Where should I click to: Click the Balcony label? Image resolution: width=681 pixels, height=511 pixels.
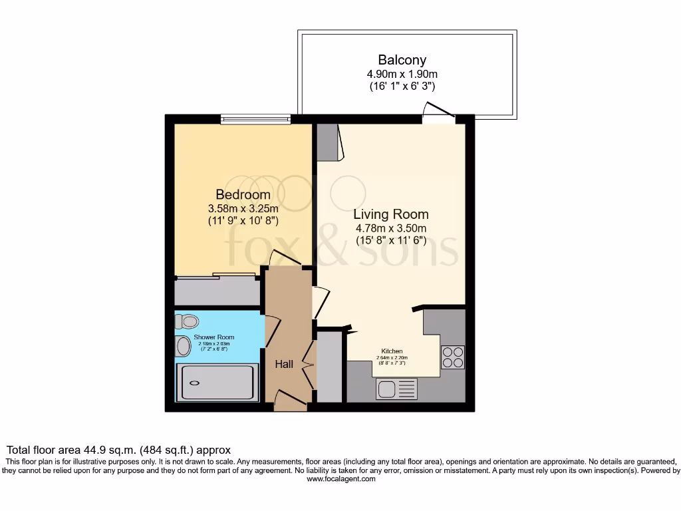pos(402,60)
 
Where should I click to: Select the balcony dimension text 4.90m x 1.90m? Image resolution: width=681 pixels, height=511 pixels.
pos(402,73)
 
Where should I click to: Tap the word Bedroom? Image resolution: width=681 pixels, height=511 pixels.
pos(243,195)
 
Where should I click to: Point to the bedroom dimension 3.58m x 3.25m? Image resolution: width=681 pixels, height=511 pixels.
pos(243,208)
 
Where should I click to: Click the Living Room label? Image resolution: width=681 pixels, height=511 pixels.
pos(390,214)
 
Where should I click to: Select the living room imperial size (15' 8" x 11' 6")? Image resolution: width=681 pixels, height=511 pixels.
pos(390,240)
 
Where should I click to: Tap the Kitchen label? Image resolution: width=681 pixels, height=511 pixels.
pos(392,351)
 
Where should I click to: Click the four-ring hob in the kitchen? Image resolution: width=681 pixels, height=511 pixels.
pos(453,357)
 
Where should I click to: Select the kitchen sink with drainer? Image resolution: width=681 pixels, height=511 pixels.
pos(396,389)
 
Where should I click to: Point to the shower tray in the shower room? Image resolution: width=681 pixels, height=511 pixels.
pos(217,383)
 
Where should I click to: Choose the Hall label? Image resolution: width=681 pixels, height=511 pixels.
pos(285,365)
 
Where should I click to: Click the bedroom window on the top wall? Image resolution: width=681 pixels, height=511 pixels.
pos(256,120)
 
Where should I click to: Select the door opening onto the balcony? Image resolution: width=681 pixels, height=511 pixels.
pos(438,114)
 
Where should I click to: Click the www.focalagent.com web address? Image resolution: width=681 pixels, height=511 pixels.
pos(340,478)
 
